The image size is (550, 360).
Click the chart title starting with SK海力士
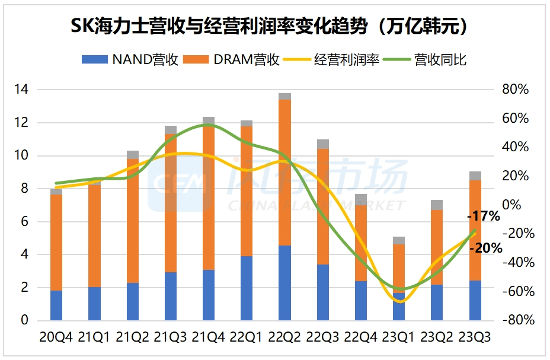[x=274, y=26]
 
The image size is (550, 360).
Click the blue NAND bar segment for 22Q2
[x=284, y=283]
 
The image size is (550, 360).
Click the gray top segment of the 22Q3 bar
[x=322, y=144]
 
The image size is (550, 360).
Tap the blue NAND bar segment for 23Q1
[x=399, y=307]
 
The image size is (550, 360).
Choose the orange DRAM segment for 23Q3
[x=475, y=230]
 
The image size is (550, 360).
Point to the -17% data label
[x=484, y=217]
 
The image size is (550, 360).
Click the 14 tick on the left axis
[x=21, y=90]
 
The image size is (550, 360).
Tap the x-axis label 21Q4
[x=209, y=337]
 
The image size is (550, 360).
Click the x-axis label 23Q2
[x=437, y=337]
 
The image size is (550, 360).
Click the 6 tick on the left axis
[x=24, y=222]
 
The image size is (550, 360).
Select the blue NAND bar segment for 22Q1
[x=247, y=288]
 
